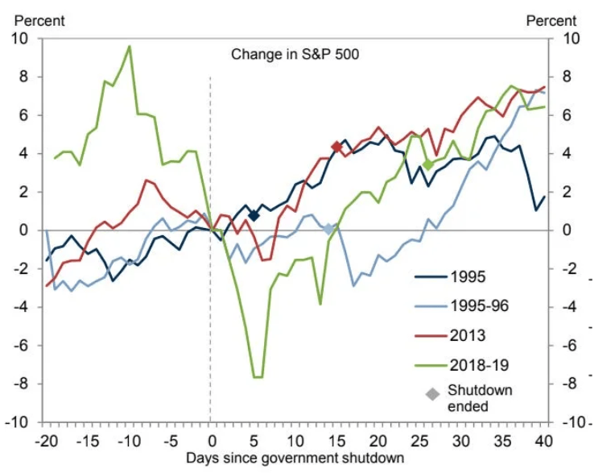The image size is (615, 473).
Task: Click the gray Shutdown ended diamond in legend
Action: click(433, 394)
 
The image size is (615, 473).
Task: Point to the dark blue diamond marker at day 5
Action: click(253, 215)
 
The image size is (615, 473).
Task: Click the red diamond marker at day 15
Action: click(336, 146)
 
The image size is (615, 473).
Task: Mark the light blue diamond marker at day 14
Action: click(328, 229)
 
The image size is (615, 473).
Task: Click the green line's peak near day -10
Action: click(130, 46)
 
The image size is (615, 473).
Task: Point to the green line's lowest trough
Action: click(257, 377)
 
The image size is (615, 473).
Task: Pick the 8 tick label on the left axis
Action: click(24, 77)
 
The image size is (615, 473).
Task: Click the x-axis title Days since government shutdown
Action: click(295, 458)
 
